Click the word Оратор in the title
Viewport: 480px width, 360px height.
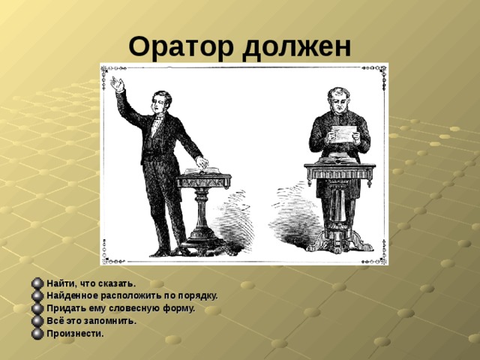pyautogui.click(x=181, y=47)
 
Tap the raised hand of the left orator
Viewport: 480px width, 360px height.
pyautogui.click(x=116, y=83)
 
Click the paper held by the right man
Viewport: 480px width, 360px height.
pyautogui.click(x=346, y=133)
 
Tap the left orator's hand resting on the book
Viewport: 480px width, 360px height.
pyautogui.click(x=201, y=162)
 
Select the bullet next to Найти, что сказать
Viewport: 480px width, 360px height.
pyautogui.click(x=37, y=283)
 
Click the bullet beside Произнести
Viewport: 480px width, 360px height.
pyautogui.click(x=37, y=333)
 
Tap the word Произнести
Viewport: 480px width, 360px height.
pyautogui.click(x=75, y=333)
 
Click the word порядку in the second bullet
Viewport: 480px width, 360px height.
pyautogui.click(x=196, y=295)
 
